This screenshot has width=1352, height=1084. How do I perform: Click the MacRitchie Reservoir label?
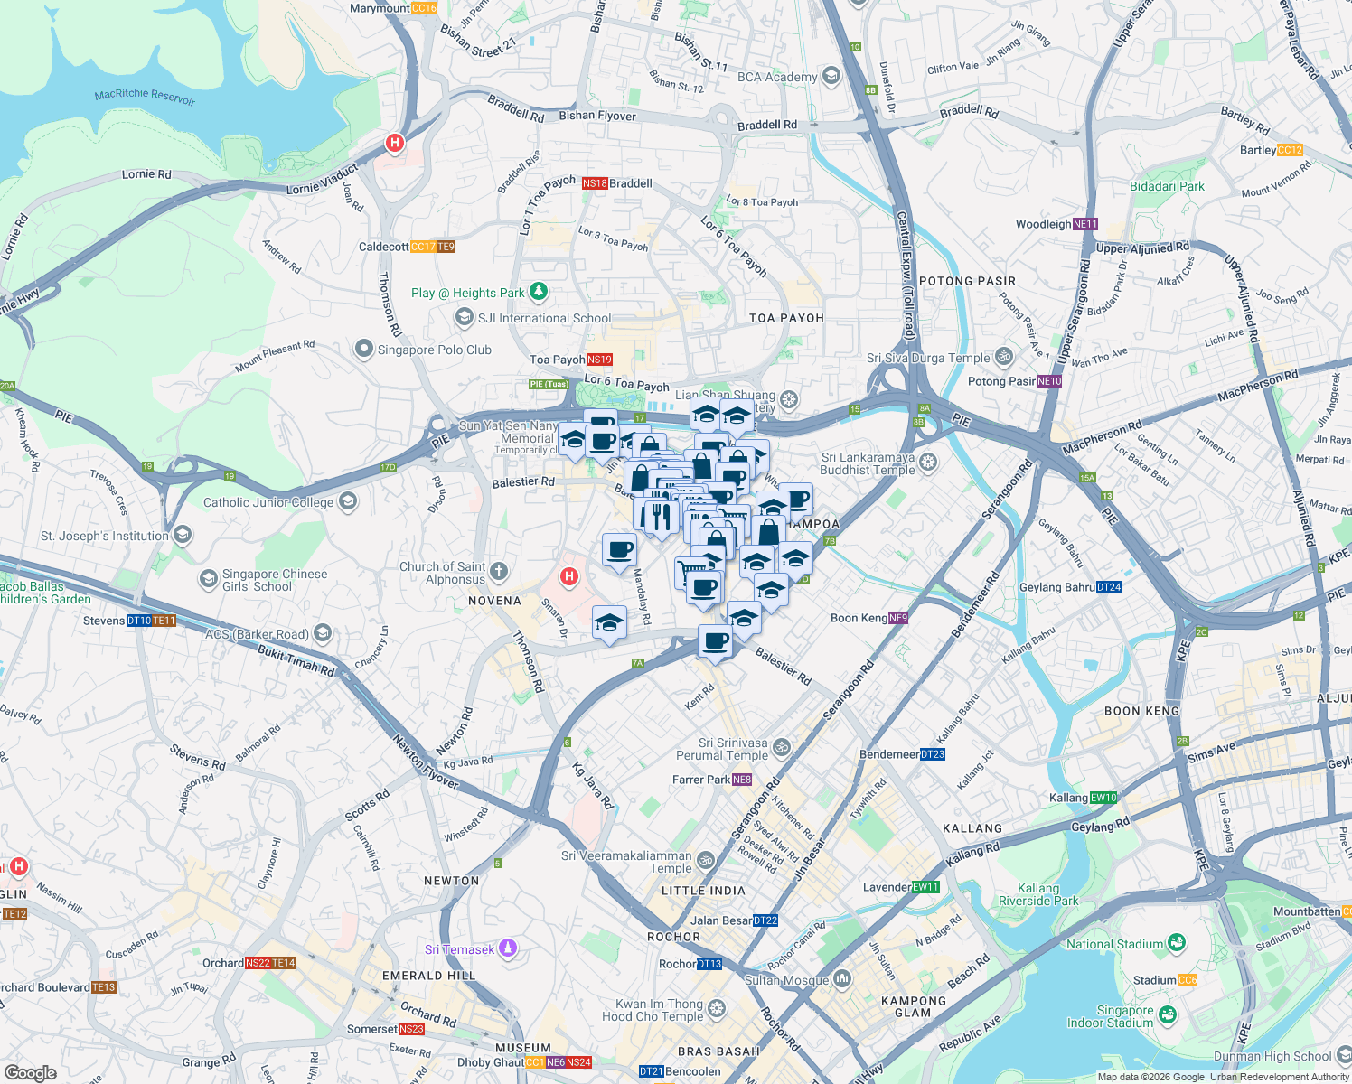[145, 95]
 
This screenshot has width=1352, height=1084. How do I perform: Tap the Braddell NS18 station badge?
[595, 183]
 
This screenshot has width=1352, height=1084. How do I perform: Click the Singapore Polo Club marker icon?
[364, 349]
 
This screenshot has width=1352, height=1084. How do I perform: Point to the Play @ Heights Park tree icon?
[539, 292]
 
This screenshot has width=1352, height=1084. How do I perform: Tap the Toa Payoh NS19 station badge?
[599, 360]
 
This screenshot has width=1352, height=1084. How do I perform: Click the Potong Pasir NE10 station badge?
[1049, 381]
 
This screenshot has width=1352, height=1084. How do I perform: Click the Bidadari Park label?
[1167, 186]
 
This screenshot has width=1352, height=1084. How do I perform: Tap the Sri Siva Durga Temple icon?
[1003, 357]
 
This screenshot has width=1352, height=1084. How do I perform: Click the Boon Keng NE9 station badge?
[898, 618]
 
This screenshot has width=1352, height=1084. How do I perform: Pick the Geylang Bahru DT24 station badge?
[1109, 587]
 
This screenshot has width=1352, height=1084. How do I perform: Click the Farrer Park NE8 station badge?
[742, 780]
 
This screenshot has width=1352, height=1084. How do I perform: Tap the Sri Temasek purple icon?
[508, 948]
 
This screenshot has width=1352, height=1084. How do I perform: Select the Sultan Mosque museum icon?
[842, 979]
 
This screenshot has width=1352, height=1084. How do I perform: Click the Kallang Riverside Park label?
[1038, 894]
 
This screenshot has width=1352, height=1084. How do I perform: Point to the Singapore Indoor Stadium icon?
[1167, 1015]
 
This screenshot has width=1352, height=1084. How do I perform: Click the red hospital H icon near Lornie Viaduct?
[394, 143]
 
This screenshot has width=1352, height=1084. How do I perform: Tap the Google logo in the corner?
[31, 1073]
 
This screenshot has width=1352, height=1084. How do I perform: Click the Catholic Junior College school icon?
[348, 501]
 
